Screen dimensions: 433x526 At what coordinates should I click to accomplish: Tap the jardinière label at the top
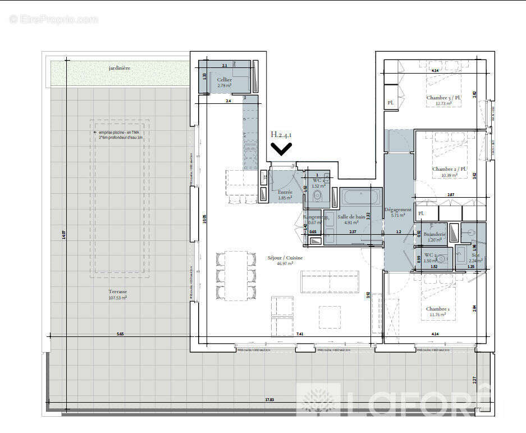pyautogui.click(x=120, y=68)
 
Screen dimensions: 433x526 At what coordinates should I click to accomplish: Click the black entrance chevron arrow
pyautogui.click(x=281, y=148)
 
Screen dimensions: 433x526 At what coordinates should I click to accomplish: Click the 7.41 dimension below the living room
pyautogui.click(x=299, y=334)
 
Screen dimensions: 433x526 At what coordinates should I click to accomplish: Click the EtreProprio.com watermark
pyautogui.click(x=54, y=19)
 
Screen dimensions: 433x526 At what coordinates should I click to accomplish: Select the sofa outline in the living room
pyautogui.click(x=330, y=281)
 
